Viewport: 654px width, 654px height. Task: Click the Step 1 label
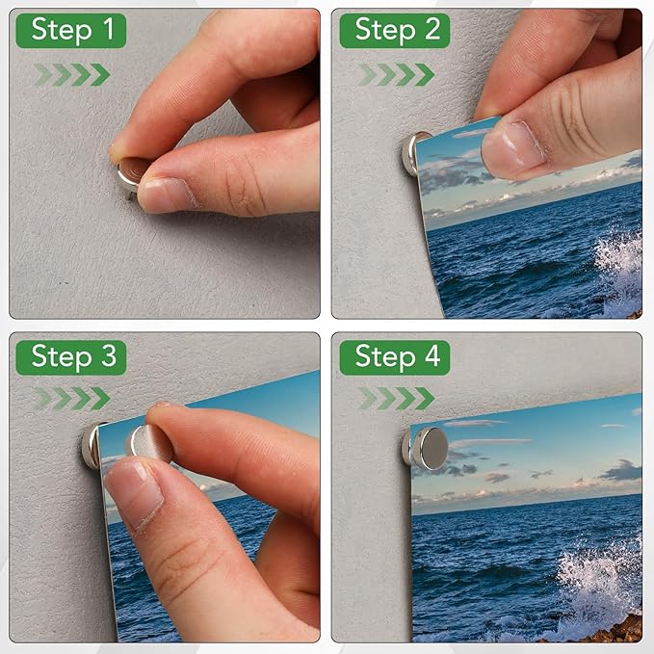pos(71,30)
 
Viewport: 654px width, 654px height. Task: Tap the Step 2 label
pos(396,30)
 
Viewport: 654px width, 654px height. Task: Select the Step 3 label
pos(71,356)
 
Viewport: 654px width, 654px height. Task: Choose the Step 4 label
pos(396,356)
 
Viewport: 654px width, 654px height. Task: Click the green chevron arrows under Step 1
pos(71,74)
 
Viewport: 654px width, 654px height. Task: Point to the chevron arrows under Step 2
pos(396,74)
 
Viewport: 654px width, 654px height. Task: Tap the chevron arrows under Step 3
pos(71,398)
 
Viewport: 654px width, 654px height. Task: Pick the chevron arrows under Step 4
pos(396,398)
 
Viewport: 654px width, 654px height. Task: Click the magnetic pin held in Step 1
pos(131,176)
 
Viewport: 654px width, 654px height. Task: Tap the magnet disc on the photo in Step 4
pos(429,448)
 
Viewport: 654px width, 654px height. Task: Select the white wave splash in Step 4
pos(602,578)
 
